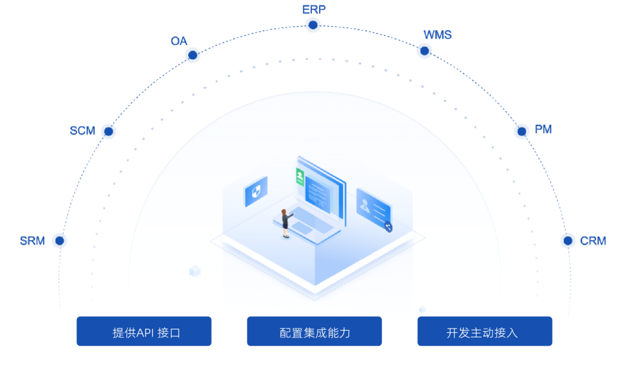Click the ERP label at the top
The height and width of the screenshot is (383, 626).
(314, 9)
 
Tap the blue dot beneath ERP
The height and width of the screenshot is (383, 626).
(313, 25)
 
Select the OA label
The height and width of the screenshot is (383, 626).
(179, 42)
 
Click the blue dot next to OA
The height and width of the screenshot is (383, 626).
(193, 56)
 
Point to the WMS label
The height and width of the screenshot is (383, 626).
(438, 35)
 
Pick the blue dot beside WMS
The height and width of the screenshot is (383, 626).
(424, 51)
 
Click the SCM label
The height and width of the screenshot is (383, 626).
(83, 131)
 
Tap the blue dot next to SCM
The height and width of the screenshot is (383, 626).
(108, 131)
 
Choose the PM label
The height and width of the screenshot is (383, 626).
(543, 129)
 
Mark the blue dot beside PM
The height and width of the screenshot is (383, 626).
(521, 131)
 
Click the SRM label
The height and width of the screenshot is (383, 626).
(32, 241)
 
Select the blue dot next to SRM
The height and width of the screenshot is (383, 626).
(59, 241)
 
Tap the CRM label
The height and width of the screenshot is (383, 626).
(593, 241)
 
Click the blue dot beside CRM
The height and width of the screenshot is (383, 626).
(567, 241)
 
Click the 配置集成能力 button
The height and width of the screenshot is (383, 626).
(314, 331)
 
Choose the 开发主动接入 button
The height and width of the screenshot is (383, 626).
(485, 331)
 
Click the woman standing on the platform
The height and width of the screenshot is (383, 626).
(285, 222)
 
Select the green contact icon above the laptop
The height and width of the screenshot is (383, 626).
(300, 177)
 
